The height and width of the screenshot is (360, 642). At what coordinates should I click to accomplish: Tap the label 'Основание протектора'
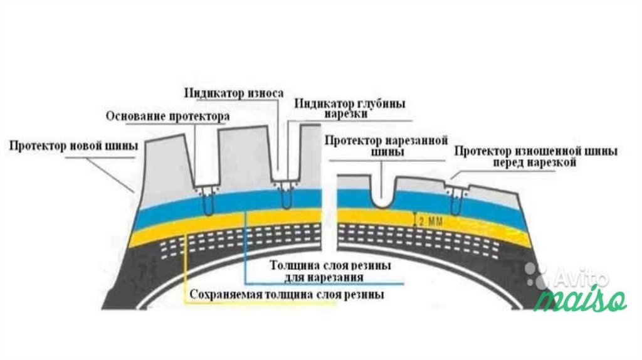pyautogui.click(x=167, y=116)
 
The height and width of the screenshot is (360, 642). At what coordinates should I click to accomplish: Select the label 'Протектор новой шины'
pyautogui.click(x=73, y=147)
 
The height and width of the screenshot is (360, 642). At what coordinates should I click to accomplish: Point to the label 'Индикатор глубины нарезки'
pyautogui.click(x=351, y=109)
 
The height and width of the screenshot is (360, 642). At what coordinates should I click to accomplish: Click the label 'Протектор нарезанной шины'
pyautogui.click(x=385, y=145)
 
